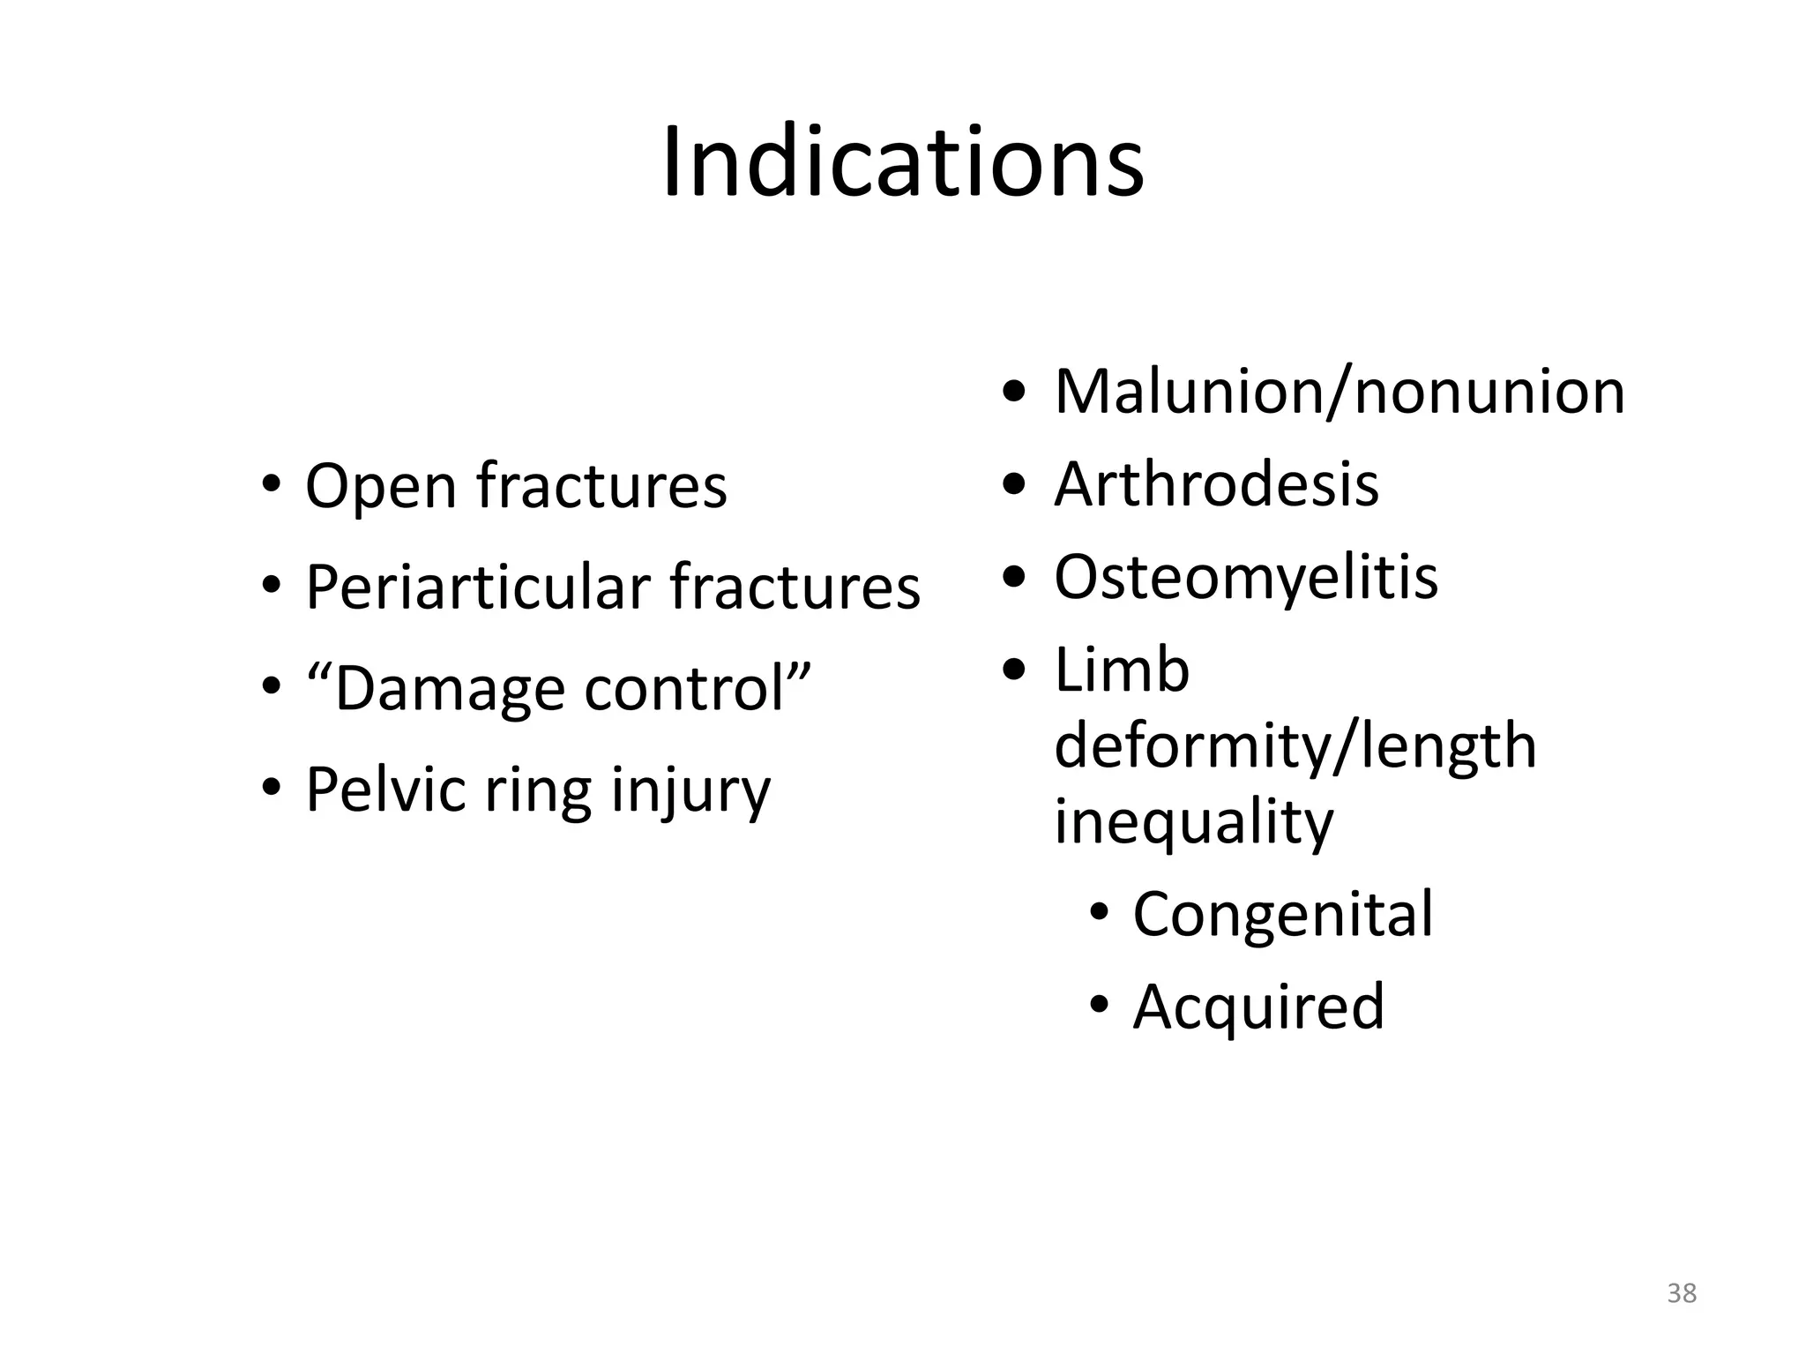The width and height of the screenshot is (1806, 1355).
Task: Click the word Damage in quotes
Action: (450, 689)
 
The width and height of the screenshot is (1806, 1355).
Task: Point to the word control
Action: (684, 689)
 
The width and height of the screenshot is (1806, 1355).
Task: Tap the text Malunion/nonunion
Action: (1339, 392)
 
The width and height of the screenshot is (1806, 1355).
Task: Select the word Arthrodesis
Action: (1216, 484)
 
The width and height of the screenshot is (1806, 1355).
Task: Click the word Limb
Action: (1122, 670)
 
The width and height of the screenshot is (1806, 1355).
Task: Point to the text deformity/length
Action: (1295, 746)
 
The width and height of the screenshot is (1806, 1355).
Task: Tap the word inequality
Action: (1193, 823)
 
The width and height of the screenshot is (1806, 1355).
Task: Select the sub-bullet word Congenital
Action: (1282, 914)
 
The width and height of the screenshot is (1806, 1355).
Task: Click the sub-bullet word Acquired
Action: (1258, 1007)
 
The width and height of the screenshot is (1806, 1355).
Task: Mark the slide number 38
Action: (1682, 1293)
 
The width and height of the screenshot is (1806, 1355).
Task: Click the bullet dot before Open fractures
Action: (271, 485)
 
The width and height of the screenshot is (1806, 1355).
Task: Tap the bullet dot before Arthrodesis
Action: (1014, 483)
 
